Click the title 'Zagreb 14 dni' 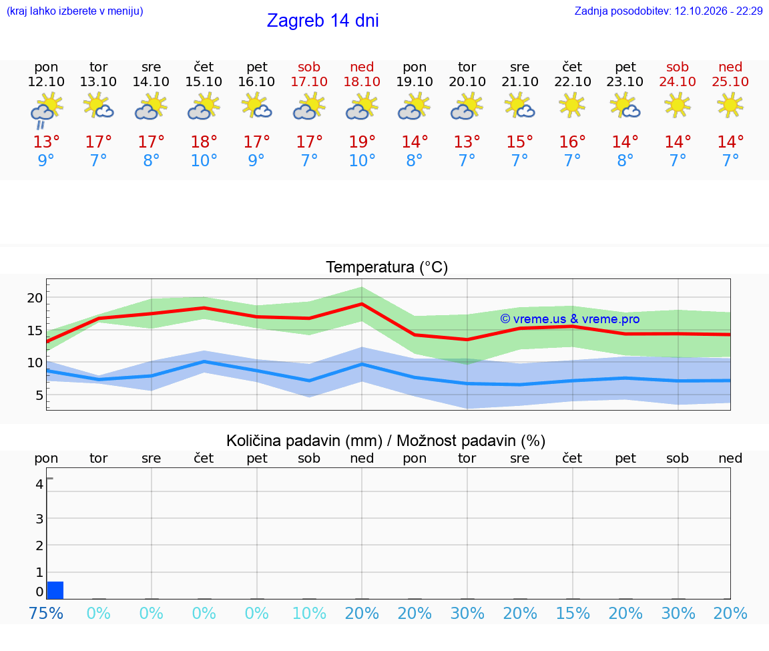pos(322,21)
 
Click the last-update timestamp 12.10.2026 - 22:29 pos(718,11)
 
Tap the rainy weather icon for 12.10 pos(46,110)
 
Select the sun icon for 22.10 pos(572,105)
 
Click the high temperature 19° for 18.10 pos(362,142)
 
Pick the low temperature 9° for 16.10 pos(256,160)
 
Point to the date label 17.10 pos(309,81)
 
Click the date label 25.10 pos(730,81)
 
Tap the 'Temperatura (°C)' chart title pos(387,267)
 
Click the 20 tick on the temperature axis pos(35,298)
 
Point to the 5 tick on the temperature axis pos(39,395)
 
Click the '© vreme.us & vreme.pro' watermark pos(570,319)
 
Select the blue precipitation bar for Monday pos(55,590)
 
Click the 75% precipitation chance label pos(46,613)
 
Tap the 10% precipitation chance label pos(309,613)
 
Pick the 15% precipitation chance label pos(572,613)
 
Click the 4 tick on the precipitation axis pos(39,484)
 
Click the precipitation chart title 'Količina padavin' pos(304,441)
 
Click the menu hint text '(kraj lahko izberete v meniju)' pos(75,11)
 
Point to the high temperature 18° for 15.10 pos(204,142)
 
